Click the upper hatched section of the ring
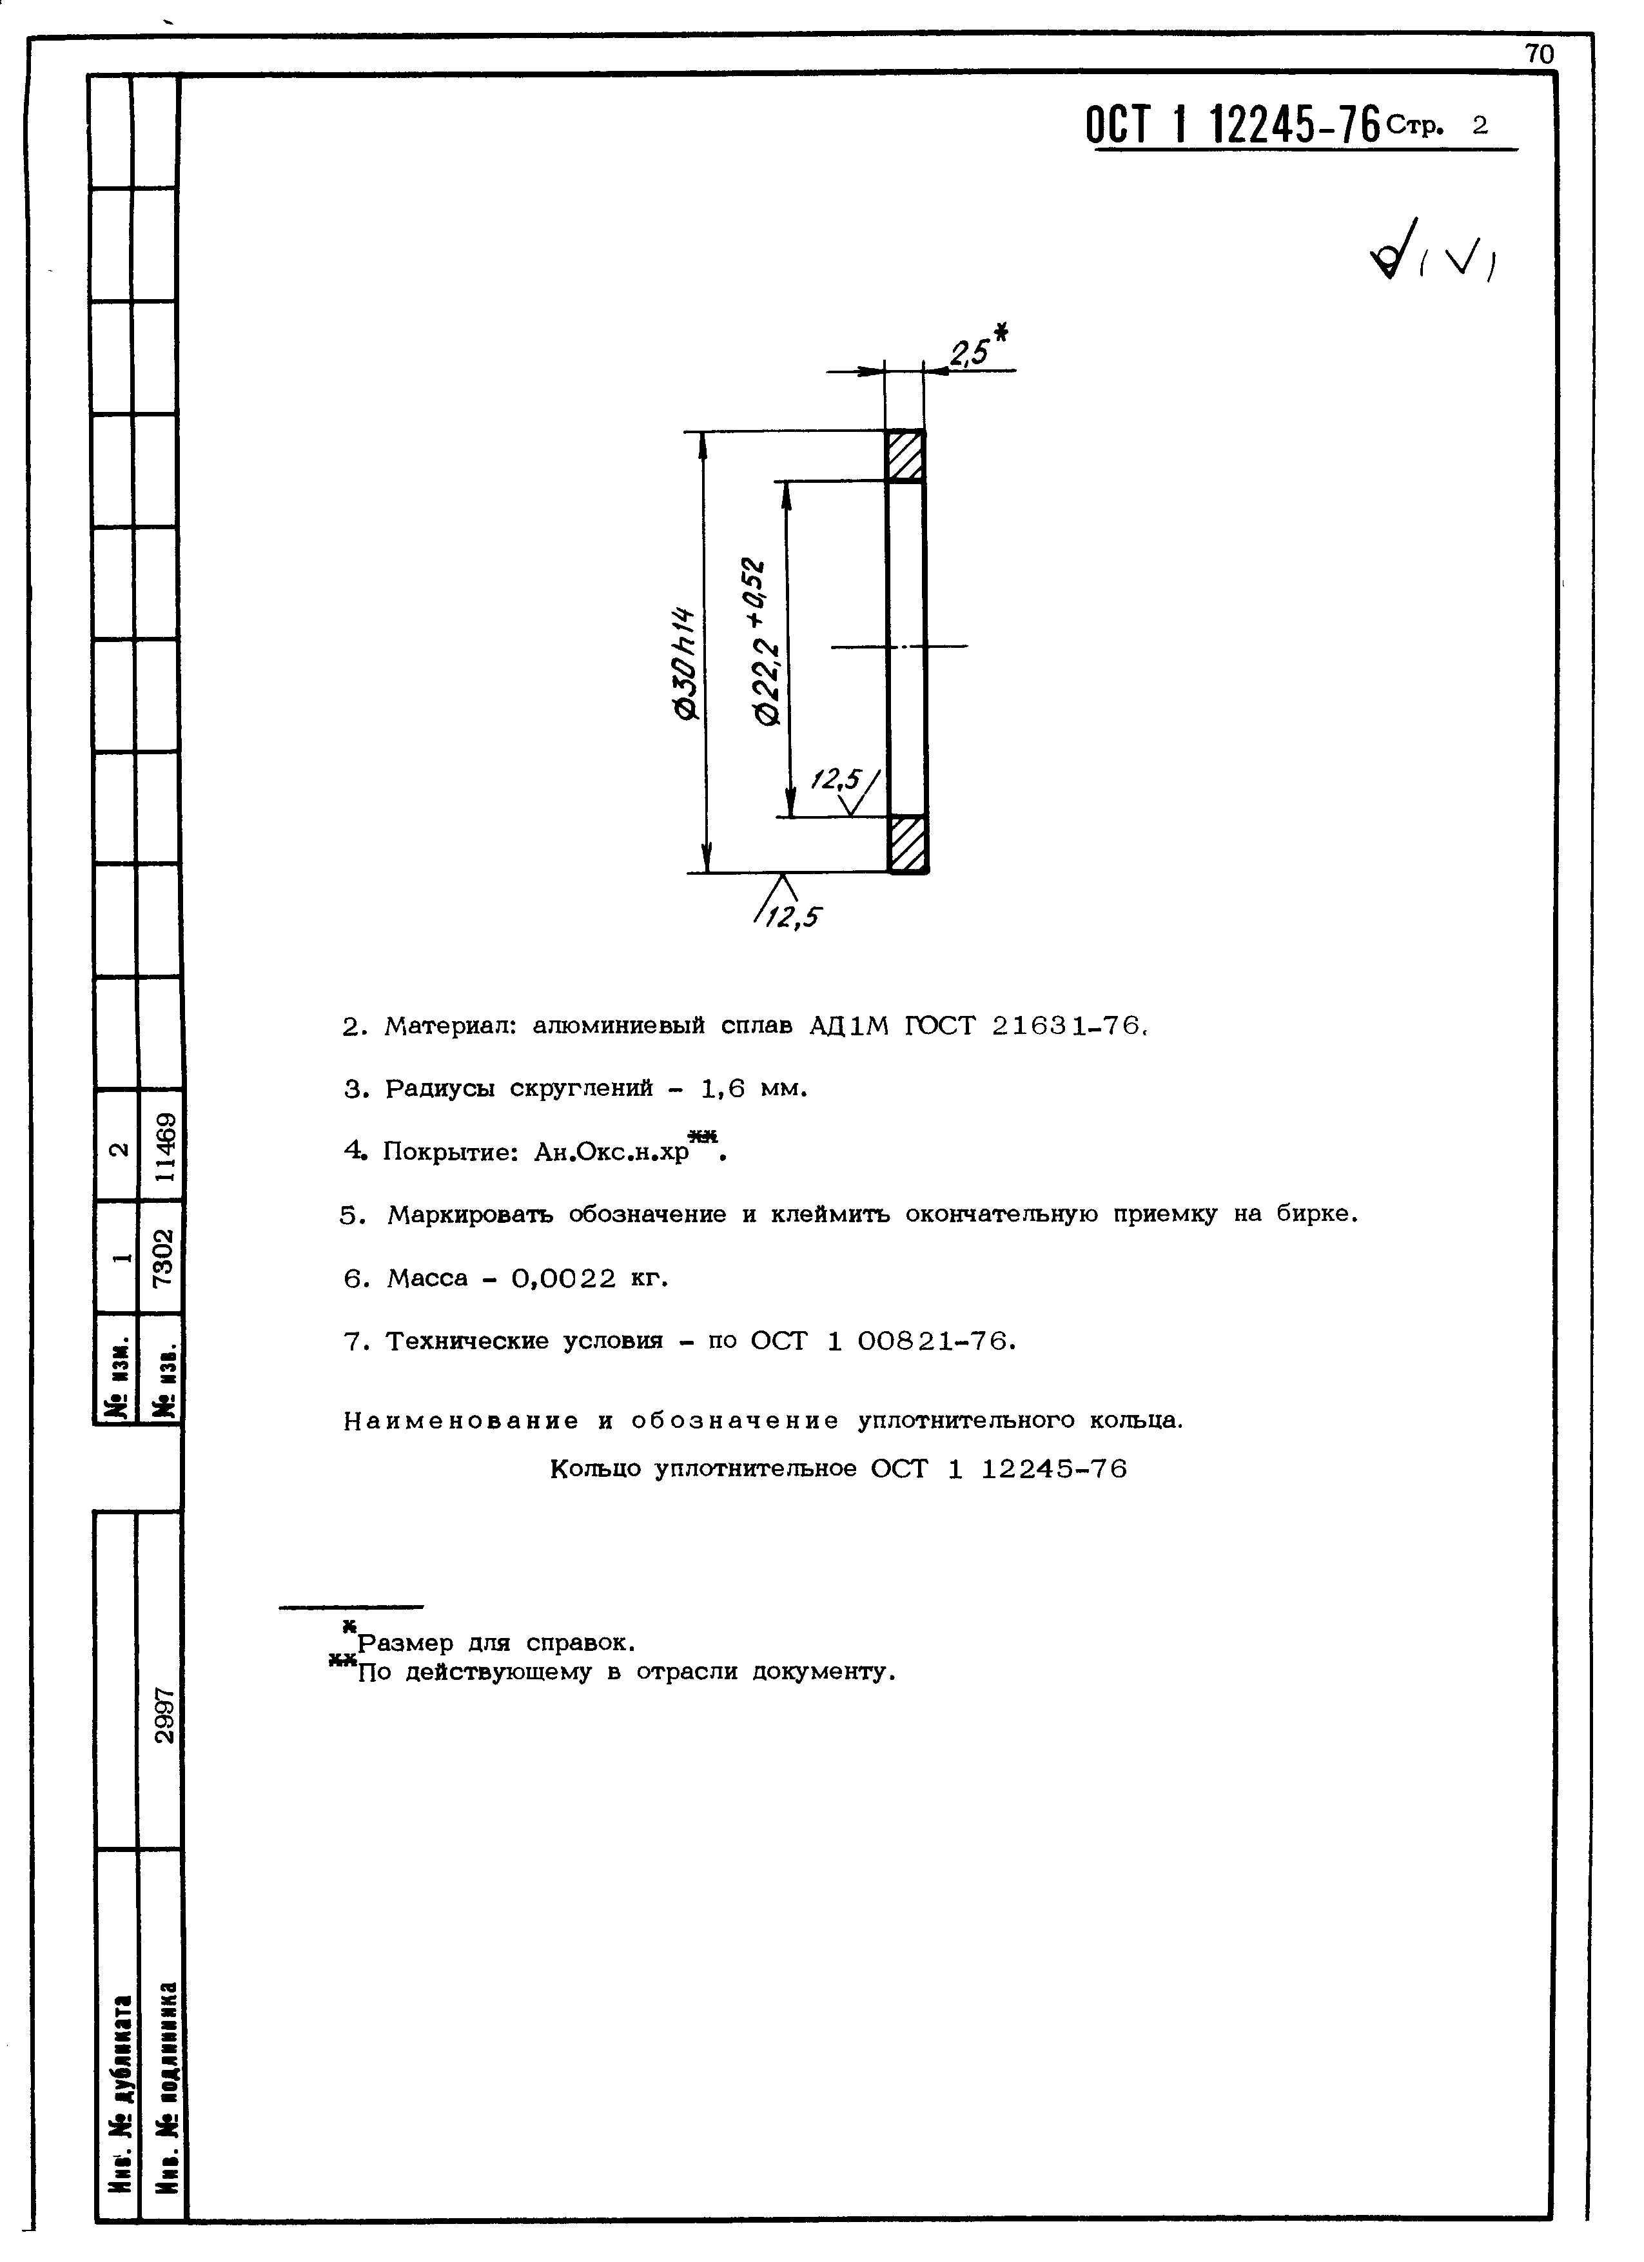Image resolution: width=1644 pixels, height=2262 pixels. [x=906, y=456]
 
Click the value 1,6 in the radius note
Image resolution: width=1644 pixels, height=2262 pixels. [x=723, y=1089]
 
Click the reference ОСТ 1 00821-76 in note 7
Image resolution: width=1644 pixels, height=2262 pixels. [x=882, y=1341]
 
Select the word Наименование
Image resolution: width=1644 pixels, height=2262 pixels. [x=461, y=1420]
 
